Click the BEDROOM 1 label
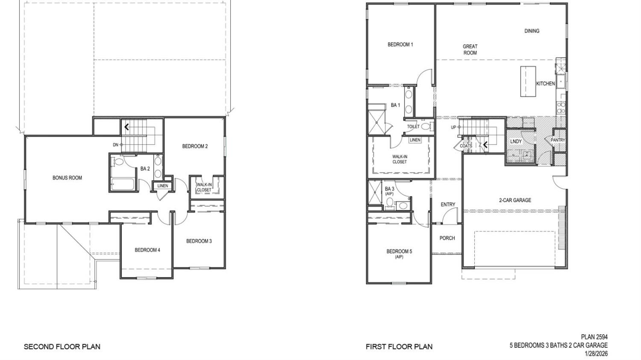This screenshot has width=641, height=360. point(400,44)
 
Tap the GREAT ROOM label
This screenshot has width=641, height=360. point(470,50)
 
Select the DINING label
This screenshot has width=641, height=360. point(532,31)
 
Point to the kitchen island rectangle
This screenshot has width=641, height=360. point(527,81)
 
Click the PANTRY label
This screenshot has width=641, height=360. point(558,140)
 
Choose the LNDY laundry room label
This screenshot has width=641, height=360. point(516,142)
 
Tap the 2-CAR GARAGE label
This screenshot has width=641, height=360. point(515,200)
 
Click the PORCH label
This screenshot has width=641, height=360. point(447,238)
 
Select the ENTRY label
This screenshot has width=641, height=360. point(448,205)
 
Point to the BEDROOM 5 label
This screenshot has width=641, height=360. point(399,254)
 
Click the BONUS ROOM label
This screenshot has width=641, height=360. point(67,178)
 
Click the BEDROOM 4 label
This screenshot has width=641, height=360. point(147,250)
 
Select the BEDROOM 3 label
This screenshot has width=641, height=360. point(199,241)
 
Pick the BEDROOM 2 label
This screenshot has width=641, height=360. point(195,146)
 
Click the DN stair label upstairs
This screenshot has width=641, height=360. point(115,145)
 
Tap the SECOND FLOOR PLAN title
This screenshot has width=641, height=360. point(62,347)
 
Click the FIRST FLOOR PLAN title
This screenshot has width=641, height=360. point(399,347)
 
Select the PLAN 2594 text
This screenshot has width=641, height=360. point(594,337)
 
